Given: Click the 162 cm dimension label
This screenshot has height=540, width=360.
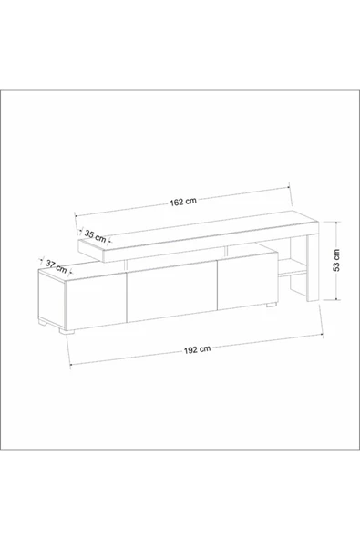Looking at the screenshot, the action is click(183, 202).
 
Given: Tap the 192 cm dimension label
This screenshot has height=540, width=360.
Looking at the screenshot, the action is click(197, 349).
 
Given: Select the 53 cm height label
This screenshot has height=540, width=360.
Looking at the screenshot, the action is click(336, 260).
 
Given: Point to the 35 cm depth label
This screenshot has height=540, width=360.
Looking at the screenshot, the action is click(95, 236).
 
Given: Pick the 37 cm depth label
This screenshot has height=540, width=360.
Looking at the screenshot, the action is click(57, 266).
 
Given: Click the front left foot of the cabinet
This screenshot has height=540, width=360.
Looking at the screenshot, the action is click(67, 332).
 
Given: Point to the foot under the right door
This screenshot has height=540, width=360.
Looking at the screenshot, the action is click(272, 305).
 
